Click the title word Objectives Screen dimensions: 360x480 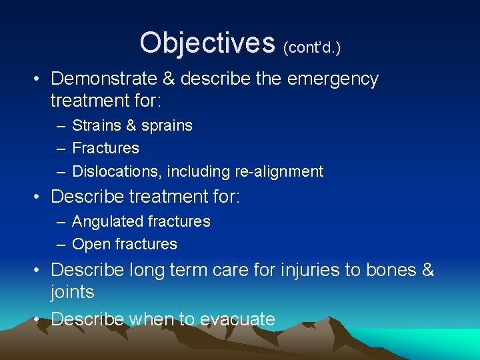pyautogui.click(x=207, y=43)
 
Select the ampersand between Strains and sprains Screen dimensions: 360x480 pyautogui.click(x=127, y=125)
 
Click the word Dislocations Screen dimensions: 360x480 pyautogui.click(x=116, y=171)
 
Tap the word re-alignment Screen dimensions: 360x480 pyautogui.click(x=279, y=171)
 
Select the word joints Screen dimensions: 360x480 pyautogui.click(x=72, y=292)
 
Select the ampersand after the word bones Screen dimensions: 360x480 pyautogui.click(x=427, y=270)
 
